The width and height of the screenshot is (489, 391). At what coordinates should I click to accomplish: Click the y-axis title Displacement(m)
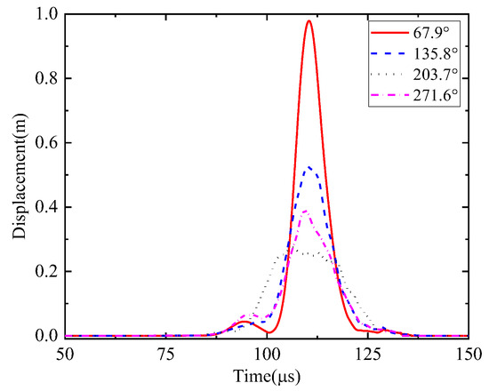(18, 176)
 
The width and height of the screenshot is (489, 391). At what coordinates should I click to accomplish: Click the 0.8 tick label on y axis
(25, 78)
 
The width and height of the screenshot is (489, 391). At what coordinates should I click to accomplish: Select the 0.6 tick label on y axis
(25, 143)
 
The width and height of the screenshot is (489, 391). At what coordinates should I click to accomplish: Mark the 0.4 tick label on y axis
(25, 207)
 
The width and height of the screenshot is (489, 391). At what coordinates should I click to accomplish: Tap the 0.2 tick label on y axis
(25, 272)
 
